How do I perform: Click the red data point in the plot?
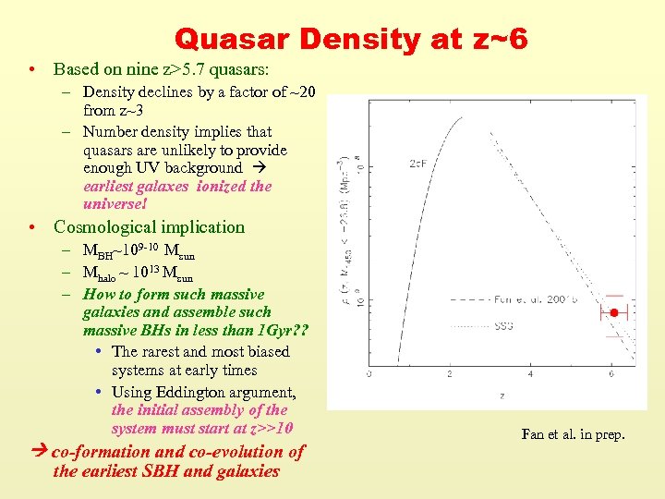coord(613,313)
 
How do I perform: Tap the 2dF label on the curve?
coord(417,164)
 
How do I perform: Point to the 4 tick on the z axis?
coord(530,373)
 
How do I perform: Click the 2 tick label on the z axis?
coord(450,373)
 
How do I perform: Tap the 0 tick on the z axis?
coord(369,373)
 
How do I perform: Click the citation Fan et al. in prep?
coord(573,433)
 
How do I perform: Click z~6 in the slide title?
coord(493,39)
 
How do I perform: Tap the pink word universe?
coord(115,203)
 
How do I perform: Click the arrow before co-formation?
coord(40,452)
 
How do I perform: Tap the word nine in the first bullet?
coord(136,69)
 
